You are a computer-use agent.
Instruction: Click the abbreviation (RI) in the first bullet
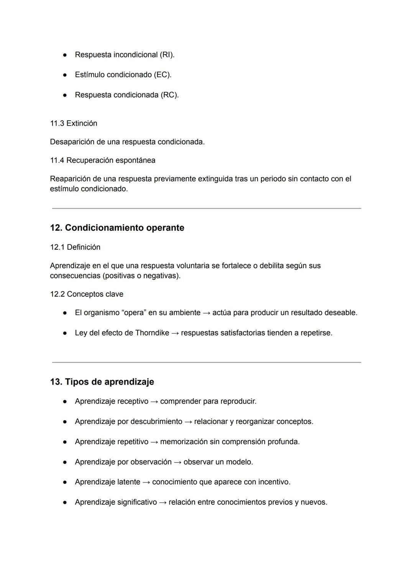click(167, 55)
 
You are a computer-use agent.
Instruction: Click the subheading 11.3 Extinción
click(74, 123)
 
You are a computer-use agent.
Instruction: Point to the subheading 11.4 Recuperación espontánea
click(102, 160)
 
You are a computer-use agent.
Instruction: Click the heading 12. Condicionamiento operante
click(117, 228)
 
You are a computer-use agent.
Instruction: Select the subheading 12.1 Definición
click(75, 247)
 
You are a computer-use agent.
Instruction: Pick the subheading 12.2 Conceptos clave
click(87, 294)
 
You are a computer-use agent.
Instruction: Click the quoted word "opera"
click(134, 313)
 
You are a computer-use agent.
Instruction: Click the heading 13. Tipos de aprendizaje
click(102, 382)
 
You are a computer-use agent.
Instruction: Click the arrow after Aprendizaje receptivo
click(154, 402)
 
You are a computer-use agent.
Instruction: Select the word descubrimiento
click(156, 422)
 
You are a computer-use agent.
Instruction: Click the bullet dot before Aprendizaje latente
click(65, 482)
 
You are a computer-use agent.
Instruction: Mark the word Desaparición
click(72, 142)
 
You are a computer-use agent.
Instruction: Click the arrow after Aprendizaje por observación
click(177, 462)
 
